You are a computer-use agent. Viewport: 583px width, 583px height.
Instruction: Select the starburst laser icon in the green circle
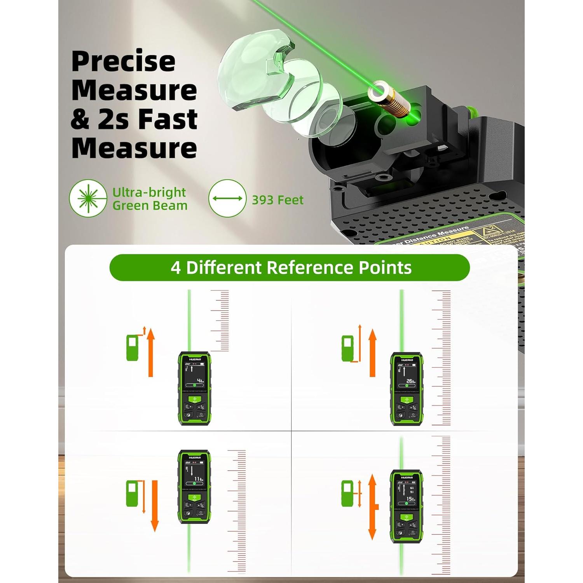[88, 198]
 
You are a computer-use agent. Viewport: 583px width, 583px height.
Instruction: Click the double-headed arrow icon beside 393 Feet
[227, 198]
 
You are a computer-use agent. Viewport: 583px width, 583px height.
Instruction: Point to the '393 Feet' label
[278, 200]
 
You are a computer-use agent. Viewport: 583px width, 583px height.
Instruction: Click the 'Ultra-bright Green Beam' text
[150, 199]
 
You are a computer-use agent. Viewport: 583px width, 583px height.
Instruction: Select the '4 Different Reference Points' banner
[290, 268]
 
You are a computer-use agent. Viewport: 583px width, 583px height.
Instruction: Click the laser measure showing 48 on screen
[194, 388]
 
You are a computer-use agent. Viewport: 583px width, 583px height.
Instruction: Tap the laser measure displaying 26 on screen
[407, 389]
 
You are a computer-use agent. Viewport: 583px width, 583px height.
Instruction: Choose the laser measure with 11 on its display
[194, 487]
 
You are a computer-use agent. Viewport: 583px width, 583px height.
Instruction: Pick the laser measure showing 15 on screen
[407, 506]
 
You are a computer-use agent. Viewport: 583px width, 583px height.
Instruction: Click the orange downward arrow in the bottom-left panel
[155, 505]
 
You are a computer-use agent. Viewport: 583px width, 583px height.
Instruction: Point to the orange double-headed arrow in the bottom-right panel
[373, 507]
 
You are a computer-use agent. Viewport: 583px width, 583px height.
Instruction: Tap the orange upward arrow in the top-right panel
[373, 353]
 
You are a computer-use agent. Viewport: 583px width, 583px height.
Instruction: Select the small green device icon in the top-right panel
[347, 349]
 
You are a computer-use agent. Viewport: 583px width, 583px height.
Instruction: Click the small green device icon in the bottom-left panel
[132, 494]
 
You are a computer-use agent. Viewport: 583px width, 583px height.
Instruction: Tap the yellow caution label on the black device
[447, 237]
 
